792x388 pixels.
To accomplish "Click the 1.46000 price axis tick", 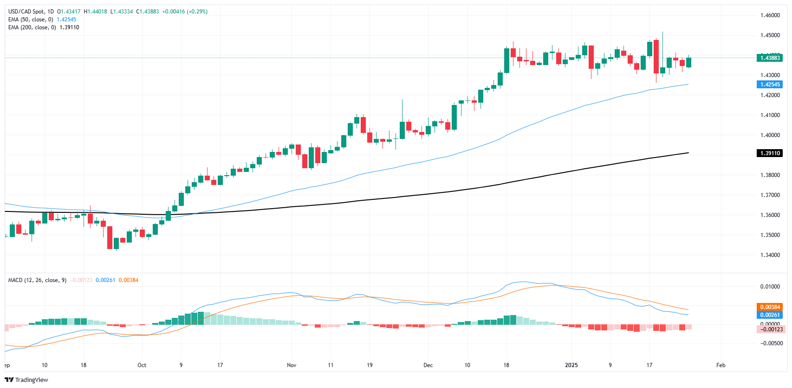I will [x=770, y=15].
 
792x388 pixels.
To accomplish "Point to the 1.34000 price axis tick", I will [x=770, y=255].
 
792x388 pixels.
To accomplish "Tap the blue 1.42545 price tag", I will [x=770, y=85].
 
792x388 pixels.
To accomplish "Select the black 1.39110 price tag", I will [x=770, y=153].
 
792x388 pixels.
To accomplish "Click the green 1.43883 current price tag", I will [x=770, y=58].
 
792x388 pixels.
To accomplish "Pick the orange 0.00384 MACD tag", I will [x=770, y=307].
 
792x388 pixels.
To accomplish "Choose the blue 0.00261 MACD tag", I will [x=770, y=315].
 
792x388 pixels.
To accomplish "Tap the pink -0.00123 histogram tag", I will [x=770, y=329].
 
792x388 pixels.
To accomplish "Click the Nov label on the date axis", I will [x=292, y=365].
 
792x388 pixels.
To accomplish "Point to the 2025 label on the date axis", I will [x=571, y=365].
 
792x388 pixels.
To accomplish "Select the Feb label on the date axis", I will [x=721, y=365].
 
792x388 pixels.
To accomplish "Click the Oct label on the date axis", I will [x=142, y=365].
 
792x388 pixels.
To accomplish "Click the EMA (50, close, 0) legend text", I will [x=31, y=20].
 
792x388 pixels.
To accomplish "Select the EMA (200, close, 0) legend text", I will [x=32, y=27].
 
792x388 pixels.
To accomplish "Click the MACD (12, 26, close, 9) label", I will [x=37, y=280].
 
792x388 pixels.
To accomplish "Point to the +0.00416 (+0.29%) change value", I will [x=185, y=12].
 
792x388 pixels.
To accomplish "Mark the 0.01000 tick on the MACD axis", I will [x=770, y=287].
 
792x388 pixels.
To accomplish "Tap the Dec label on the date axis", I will [x=428, y=365].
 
